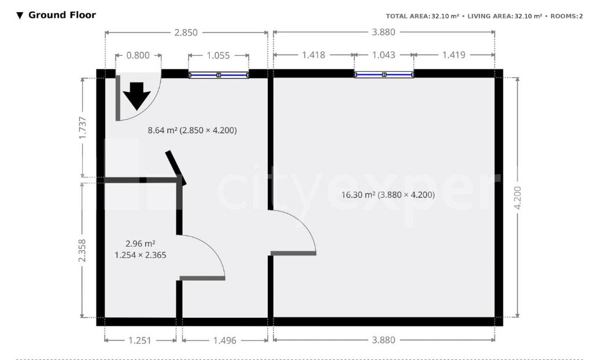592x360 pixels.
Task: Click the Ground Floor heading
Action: click(62, 15)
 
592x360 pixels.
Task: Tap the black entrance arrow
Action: click(136, 96)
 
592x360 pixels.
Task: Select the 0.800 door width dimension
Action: click(138, 55)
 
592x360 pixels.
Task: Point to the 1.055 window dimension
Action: click(218, 55)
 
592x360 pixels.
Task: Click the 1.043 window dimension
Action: click(384, 55)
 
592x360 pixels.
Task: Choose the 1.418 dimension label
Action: click(313, 55)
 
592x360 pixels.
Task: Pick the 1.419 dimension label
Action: click(454, 55)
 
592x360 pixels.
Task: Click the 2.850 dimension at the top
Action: click(186, 33)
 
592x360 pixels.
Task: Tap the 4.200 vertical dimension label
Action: click(517, 198)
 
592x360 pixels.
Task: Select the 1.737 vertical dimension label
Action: click(82, 128)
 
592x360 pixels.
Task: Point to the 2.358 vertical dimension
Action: click(82, 250)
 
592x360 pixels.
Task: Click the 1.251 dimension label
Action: click(140, 340)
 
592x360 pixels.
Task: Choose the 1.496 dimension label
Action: click(225, 340)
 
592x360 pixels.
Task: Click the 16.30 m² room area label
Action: click(358, 195)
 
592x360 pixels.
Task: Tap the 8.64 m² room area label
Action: click(162, 130)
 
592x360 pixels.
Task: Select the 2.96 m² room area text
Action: click(140, 244)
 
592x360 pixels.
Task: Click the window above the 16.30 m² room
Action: click(384, 75)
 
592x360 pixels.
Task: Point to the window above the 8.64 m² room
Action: click(219, 75)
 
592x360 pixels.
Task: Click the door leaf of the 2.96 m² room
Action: click(202, 279)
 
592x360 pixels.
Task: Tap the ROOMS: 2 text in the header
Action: click(567, 16)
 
